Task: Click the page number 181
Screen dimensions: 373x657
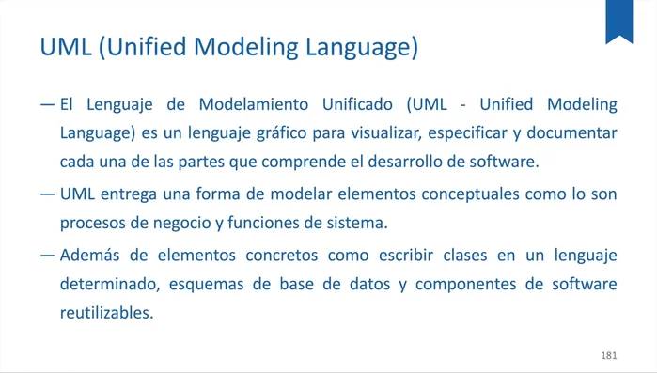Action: click(x=608, y=356)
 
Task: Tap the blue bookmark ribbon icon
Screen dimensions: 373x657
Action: click(x=618, y=21)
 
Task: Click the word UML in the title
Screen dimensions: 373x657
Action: click(x=65, y=47)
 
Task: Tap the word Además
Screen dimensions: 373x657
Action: click(x=91, y=255)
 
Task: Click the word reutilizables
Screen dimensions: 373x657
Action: click(x=105, y=313)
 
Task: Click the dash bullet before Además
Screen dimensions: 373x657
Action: click(x=48, y=255)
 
